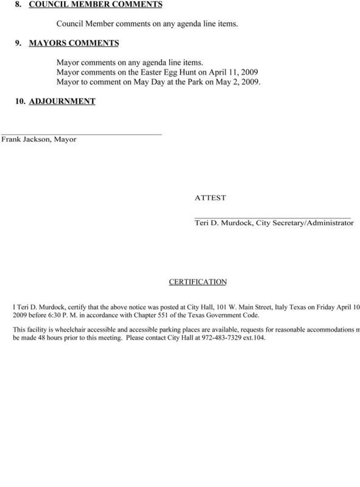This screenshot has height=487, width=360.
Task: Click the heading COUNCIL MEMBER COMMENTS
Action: pyautogui.click(x=96, y=5)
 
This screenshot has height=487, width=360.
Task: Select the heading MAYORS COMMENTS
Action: pyautogui.click(x=74, y=44)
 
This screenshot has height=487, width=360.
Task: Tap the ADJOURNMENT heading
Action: pyautogui.click(x=62, y=101)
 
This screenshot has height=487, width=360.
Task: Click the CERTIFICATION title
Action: pyautogui.click(x=197, y=282)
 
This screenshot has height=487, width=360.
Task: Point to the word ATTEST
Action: pyautogui.click(x=210, y=198)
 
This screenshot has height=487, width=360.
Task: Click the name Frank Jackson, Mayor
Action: pyautogui.click(x=38, y=139)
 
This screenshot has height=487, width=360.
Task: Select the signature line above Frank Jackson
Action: pyautogui.click(x=81, y=133)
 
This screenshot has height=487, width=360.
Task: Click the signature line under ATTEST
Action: pyautogui.click(x=272, y=217)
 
